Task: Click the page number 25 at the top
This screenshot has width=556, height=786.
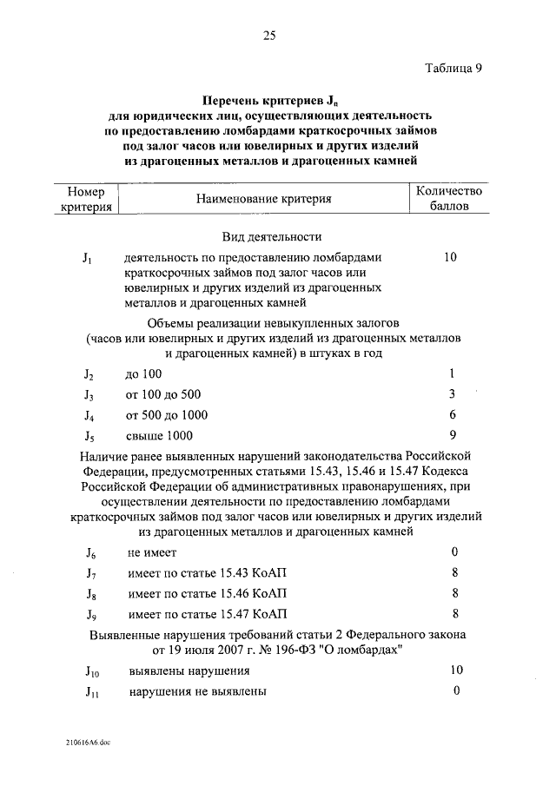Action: click(269, 36)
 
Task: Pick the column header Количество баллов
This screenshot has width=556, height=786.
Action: click(449, 199)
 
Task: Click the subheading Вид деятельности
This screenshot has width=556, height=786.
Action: click(272, 236)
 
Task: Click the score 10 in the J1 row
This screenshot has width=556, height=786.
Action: click(449, 258)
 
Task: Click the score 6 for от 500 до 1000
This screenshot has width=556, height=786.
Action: click(453, 414)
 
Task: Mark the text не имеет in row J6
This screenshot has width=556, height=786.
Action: click(152, 552)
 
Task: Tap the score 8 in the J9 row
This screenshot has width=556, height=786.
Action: click(455, 614)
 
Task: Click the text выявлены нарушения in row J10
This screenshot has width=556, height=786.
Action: click(189, 671)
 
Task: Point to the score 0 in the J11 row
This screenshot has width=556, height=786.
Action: click(455, 691)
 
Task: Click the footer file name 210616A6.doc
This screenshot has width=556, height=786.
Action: click(88, 743)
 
